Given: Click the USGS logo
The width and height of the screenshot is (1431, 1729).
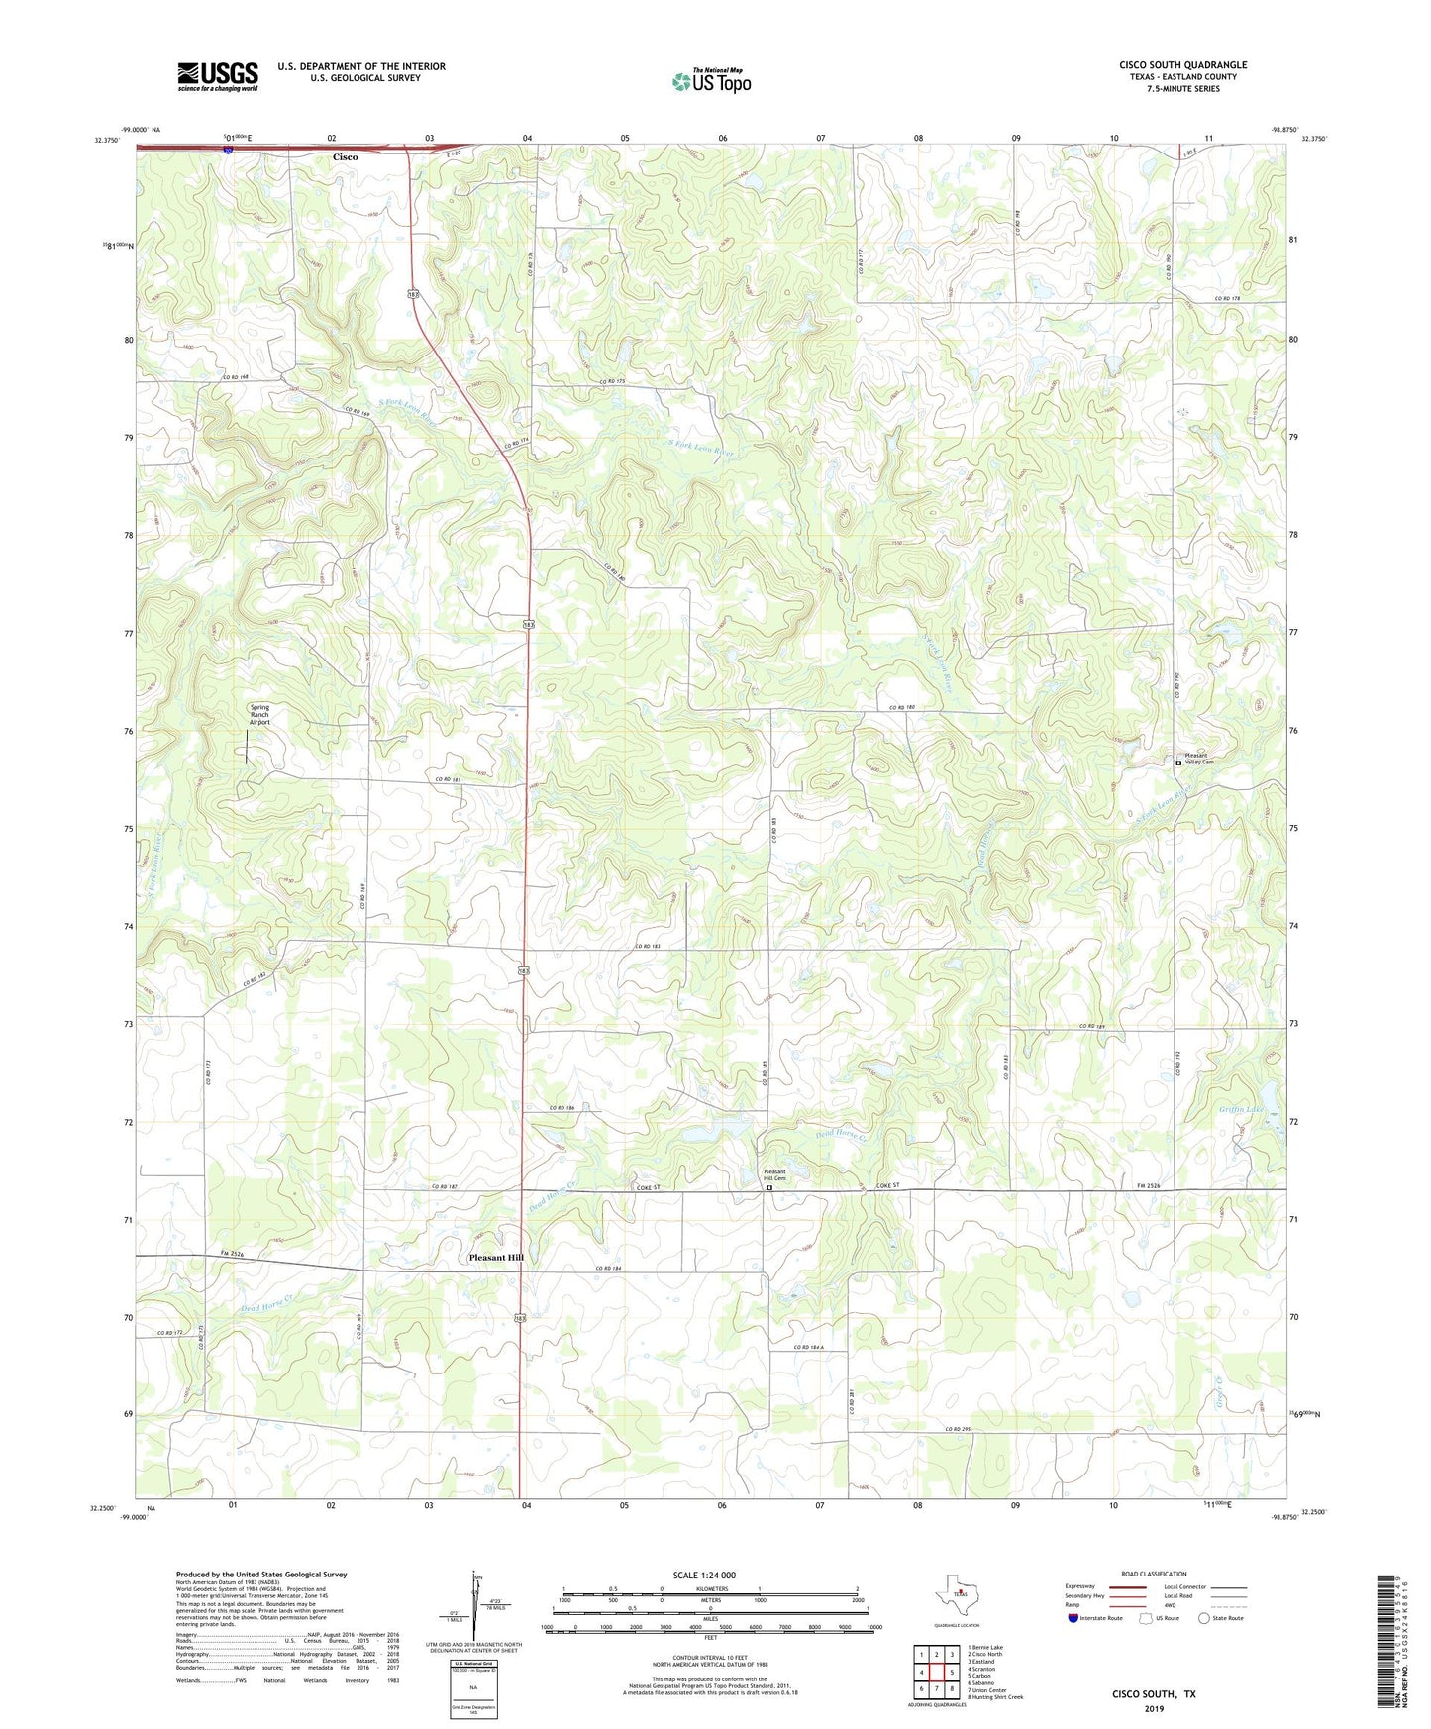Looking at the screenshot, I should pos(218,76).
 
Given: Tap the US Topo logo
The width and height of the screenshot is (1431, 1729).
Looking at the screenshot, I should pos(710,81).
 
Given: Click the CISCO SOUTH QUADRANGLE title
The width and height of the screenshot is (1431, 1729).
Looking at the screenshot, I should pos(1182,65).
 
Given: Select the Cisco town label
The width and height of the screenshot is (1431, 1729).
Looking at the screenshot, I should pos(345,157).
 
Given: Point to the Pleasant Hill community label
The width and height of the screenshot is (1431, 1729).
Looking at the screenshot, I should pos(496,1257).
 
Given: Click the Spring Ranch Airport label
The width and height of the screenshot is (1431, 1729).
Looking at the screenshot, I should pos(259,715).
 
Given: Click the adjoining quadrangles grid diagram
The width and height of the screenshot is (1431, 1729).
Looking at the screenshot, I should pos(936,1673).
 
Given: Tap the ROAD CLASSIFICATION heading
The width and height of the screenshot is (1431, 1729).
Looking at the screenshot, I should pos(1154,1574).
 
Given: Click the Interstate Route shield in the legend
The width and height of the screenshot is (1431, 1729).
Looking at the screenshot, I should pos(1073,1618).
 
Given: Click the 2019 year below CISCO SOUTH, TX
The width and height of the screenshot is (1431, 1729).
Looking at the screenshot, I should pos(1155,1709).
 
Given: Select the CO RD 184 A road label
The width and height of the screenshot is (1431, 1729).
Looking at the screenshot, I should pos(815,1348).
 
